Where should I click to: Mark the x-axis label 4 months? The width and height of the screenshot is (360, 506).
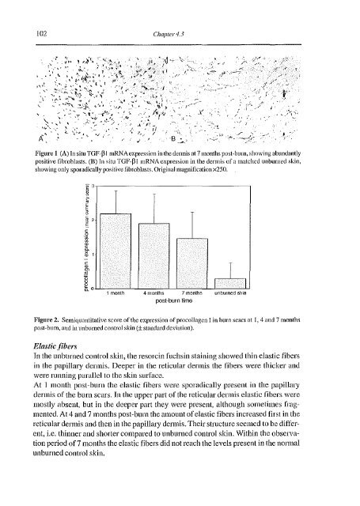pos(153,293)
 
